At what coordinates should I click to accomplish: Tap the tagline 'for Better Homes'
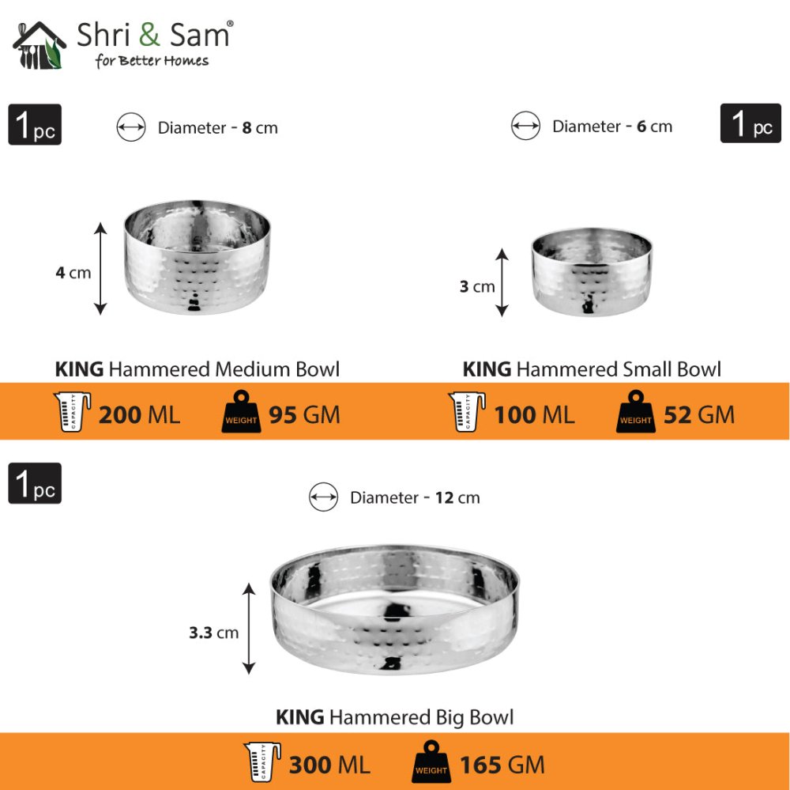pyautogui.click(x=152, y=61)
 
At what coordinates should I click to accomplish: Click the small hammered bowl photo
pyautogui.click(x=592, y=271)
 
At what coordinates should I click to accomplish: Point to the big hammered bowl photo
pyautogui.click(x=394, y=609)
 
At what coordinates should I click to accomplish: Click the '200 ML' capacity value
pyautogui.click(x=139, y=414)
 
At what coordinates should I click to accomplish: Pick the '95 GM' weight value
pyautogui.click(x=304, y=414)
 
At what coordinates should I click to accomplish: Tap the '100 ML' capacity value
pyautogui.click(x=534, y=414)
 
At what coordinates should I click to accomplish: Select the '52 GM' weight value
pyautogui.click(x=698, y=414)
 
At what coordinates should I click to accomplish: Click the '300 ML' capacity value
pyautogui.click(x=329, y=765)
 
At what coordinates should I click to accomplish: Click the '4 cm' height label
pyautogui.click(x=73, y=273)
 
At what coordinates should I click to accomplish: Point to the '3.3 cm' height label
pyautogui.click(x=213, y=633)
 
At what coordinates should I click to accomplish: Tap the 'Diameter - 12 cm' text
pyautogui.click(x=415, y=497)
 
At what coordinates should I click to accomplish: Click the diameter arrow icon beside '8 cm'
pyautogui.click(x=131, y=127)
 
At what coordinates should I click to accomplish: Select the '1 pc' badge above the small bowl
pyautogui.click(x=750, y=124)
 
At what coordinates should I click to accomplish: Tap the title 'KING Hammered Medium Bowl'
pyautogui.click(x=197, y=369)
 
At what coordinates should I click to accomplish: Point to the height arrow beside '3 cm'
pyautogui.click(x=502, y=282)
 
